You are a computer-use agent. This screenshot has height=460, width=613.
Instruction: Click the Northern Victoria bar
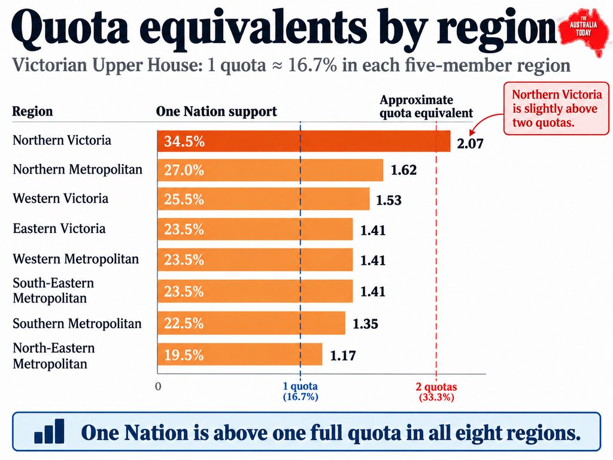coord(304,141)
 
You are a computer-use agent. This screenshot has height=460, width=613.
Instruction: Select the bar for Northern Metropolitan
coord(270,170)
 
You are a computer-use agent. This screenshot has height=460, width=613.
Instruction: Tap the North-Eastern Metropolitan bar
coord(239,355)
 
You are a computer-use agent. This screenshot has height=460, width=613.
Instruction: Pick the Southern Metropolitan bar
coord(251,323)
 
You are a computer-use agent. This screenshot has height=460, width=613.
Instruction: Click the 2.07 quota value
coord(471,144)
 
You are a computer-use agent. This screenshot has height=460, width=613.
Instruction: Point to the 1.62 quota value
coord(404,170)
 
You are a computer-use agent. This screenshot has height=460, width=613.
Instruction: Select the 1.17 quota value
coord(343,356)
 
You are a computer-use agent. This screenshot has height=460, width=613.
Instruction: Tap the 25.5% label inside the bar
coord(184,199)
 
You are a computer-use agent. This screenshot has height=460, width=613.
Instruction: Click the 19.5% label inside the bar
coord(184,355)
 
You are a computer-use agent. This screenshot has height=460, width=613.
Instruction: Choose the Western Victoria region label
coord(60,198)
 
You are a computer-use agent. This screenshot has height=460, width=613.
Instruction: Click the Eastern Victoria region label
coord(59,228)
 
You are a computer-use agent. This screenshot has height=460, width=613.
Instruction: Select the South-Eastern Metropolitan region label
coord(53,290)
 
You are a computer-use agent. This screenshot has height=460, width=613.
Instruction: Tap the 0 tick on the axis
coord(158,386)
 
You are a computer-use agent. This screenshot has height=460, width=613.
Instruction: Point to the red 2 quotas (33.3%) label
coord(436,392)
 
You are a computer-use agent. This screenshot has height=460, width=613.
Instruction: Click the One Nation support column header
coord(216,111)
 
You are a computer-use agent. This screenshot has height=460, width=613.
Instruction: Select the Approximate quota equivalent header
coord(426,107)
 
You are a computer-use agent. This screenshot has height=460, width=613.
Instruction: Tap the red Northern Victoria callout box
coord(556,108)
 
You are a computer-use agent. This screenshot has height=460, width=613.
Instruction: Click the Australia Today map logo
coord(584,31)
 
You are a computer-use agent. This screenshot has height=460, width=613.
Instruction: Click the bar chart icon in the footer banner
coord(49,431)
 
